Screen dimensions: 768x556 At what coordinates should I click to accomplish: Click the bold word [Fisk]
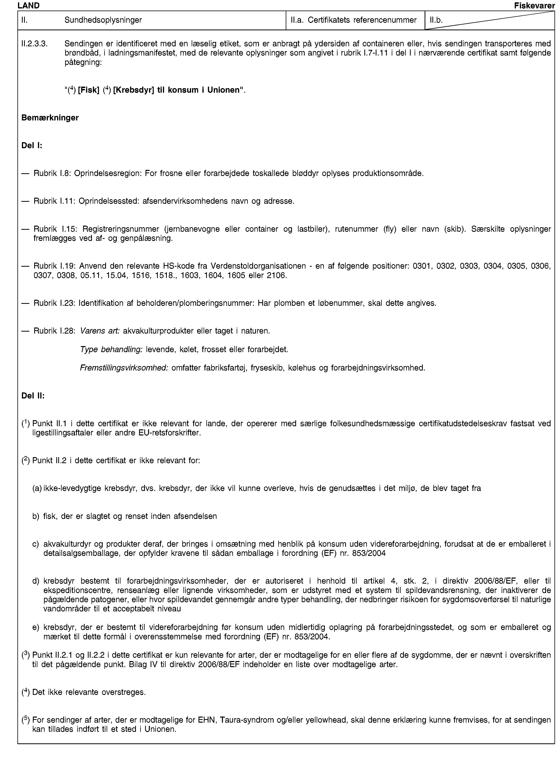click(x=88, y=90)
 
